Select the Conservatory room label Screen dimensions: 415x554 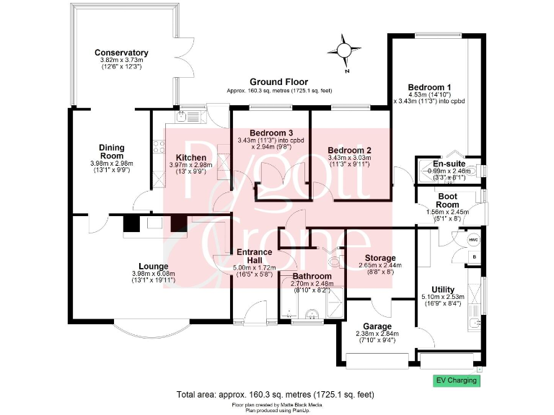coord(121,53)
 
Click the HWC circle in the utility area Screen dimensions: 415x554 coord(473,239)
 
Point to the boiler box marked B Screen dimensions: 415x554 coord(474,256)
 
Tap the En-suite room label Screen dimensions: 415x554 coord(449,164)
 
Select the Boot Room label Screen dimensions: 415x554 coord(448,200)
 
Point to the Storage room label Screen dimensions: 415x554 coord(379,258)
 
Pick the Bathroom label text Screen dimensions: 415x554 coord(312,276)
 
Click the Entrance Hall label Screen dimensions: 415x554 coord(255,256)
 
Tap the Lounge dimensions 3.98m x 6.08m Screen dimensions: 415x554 coord(153,274)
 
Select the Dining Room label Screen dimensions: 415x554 coord(112,151)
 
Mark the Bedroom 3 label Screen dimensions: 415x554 coord(271,133)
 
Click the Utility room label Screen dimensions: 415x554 coord(438,290)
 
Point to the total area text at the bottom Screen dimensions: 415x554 coord(276,395)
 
